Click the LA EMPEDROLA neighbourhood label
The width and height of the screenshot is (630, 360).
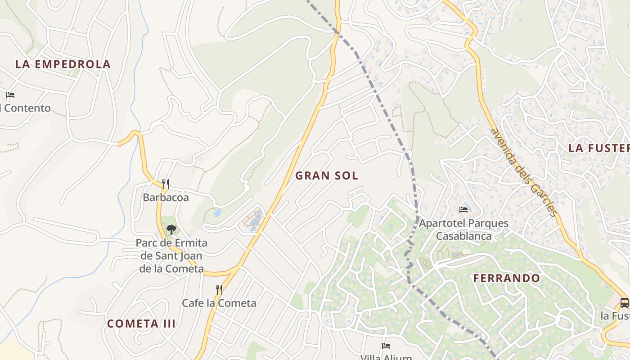click(63, 64)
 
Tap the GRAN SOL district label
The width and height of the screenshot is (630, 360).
click(327, 175)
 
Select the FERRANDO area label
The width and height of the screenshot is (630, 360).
click(506, 278)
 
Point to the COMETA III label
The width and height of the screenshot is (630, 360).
click(141, 324)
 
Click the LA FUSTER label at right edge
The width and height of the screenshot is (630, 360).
click(598, 148)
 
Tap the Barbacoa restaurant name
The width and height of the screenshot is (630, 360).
click(166, 198)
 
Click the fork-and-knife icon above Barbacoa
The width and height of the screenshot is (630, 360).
click(166, 184)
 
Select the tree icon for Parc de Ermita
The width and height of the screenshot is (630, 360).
click(171, 230)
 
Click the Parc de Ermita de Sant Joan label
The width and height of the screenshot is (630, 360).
click(171, 256)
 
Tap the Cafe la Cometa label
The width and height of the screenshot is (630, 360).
click(219, 303)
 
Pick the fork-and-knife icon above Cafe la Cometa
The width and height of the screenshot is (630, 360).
click(219, 289)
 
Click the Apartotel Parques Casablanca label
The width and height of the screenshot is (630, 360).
click(463, 229)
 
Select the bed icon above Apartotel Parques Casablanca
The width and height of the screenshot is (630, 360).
click(463, 209)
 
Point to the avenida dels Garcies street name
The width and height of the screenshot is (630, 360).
click(524, 172)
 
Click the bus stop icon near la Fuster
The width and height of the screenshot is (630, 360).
click(624, 302)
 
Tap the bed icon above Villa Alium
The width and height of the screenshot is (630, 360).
click(386, 346)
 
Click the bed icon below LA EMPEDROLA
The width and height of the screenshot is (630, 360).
click(10, 95)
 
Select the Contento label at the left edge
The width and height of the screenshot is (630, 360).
click(26, 108)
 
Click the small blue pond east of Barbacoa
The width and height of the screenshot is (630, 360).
click(218, 212)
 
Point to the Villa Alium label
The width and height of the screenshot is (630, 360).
click(386, 357)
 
